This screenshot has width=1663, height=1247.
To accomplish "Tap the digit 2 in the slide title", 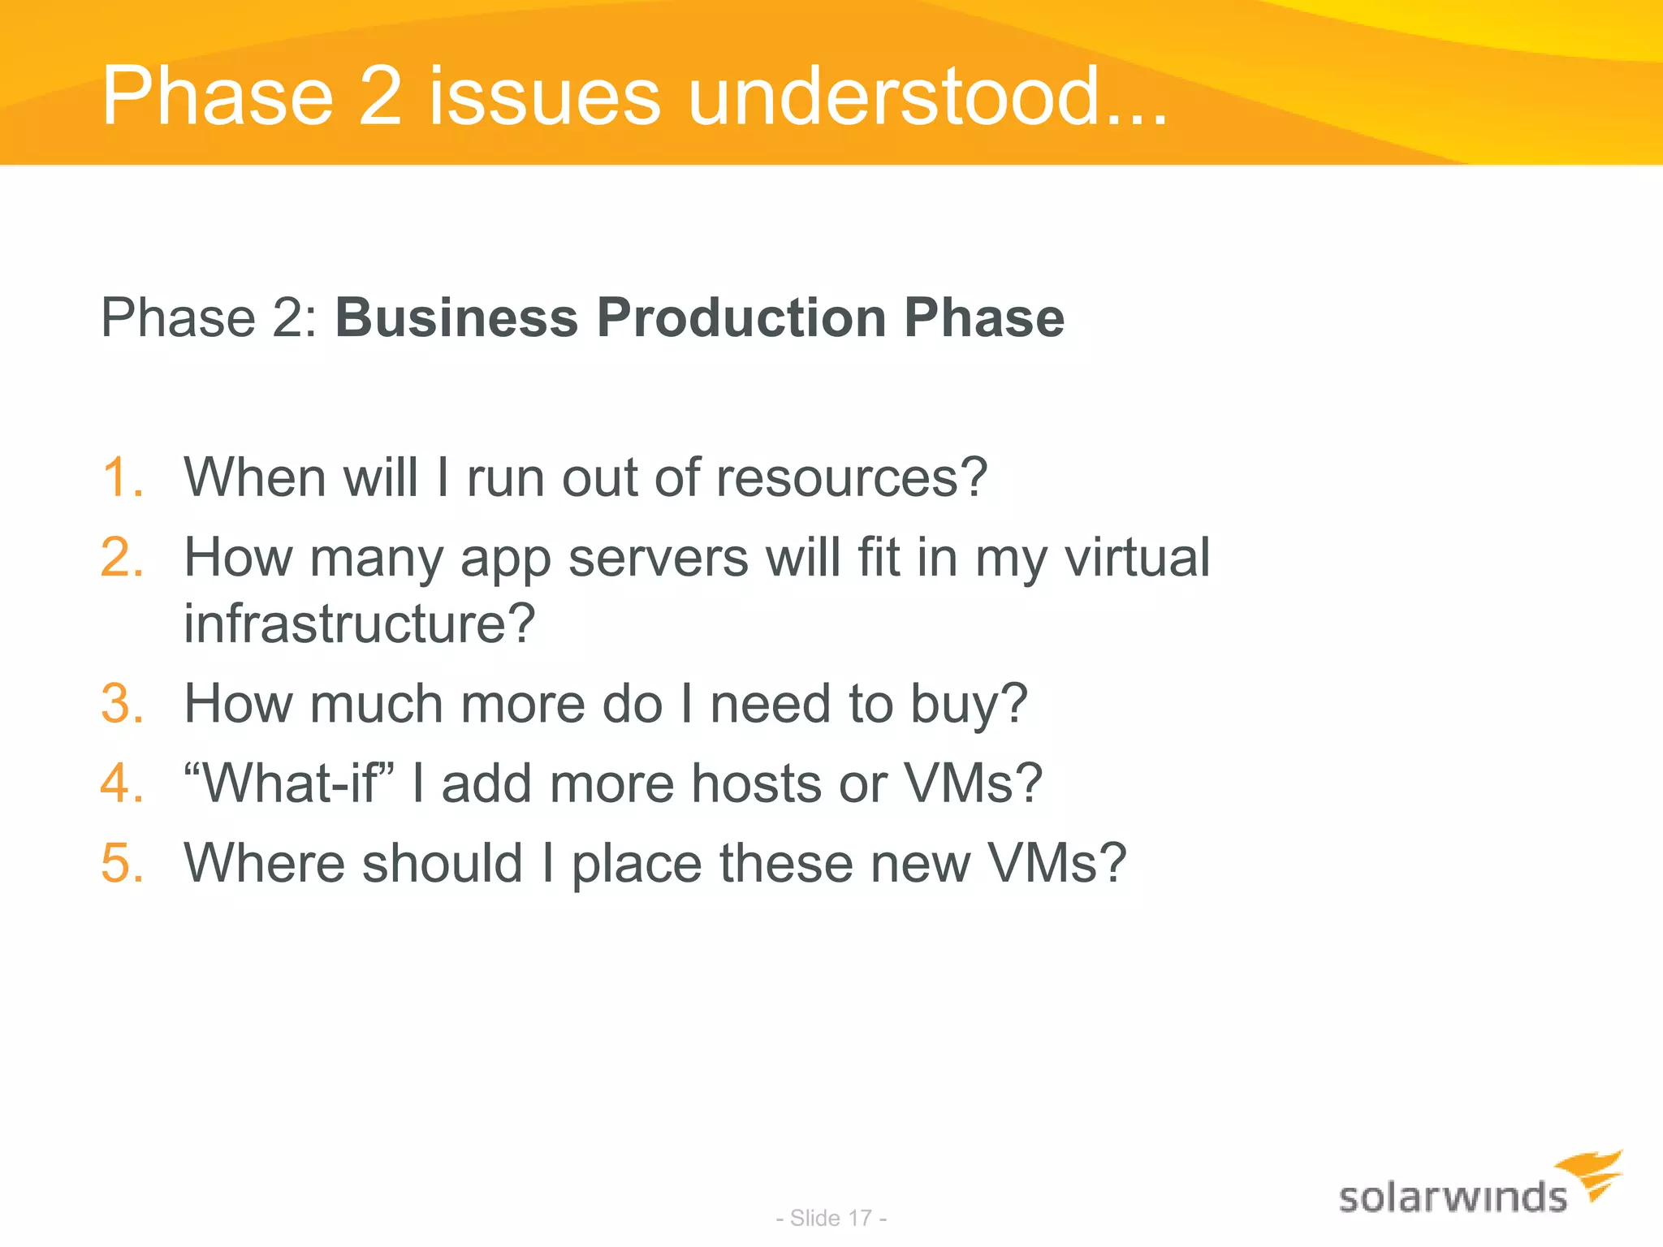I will point(380,97).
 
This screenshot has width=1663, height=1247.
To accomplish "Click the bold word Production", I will point(741,317).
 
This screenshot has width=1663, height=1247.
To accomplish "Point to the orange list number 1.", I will point(121,477).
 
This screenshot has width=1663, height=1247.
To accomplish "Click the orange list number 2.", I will point(121,558).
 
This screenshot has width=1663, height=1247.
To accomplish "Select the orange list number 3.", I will point(121,703).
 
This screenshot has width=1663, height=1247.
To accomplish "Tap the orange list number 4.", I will point(121,783).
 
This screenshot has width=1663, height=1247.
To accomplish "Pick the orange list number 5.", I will point(121,863).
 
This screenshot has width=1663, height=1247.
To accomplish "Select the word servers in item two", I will point(658,558).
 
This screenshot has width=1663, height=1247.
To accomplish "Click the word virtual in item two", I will point(1137,558).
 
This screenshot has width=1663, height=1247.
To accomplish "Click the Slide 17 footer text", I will point(831,1218).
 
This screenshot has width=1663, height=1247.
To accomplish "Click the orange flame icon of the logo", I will point(1593,1174).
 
